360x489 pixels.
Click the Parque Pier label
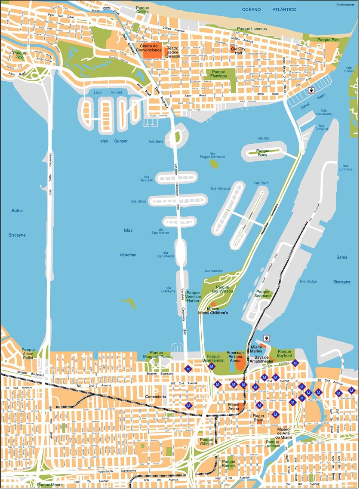328,40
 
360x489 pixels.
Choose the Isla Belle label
156,141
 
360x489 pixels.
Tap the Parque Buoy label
262,153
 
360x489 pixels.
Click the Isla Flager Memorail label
212,155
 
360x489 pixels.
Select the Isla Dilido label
139,201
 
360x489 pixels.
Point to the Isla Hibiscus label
221,188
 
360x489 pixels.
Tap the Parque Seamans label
263,294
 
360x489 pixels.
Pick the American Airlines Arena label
235,356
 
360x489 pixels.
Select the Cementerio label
155,396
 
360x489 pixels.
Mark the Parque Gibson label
206,441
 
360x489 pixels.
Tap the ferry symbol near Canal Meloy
311,91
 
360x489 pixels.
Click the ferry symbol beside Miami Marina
266,338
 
